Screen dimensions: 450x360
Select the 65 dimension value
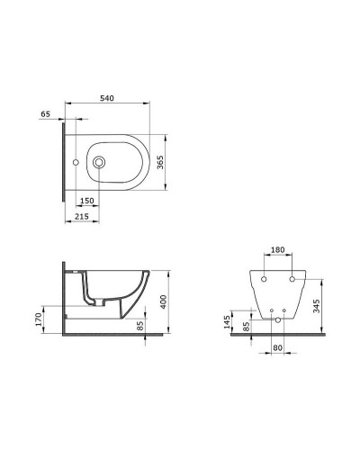(45, 114)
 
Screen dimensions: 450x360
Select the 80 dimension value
(277, 346)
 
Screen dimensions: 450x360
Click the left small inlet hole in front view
(267, 312)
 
